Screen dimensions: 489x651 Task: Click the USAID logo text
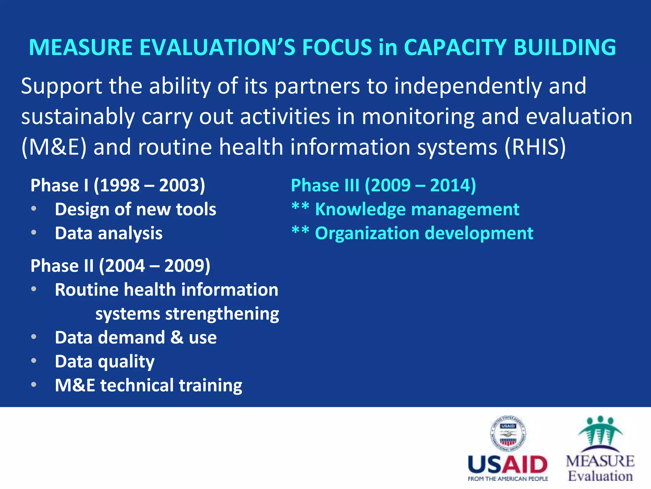click(508, 465)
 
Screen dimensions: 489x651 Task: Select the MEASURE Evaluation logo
click(600, 449)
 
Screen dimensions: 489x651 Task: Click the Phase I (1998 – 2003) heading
click(118, 185)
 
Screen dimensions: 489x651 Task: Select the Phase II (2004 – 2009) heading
click(120, 266)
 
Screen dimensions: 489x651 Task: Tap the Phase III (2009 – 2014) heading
click(383, 185)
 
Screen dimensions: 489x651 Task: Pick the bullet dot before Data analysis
click(34, 233)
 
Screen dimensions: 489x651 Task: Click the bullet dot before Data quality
click(34, 361)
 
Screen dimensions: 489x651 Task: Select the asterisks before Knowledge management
click(300, 207)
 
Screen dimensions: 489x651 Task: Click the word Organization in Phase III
click(367, 233)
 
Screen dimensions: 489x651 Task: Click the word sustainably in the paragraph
click(78, 117)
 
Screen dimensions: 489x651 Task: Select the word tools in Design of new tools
click(196, 209)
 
